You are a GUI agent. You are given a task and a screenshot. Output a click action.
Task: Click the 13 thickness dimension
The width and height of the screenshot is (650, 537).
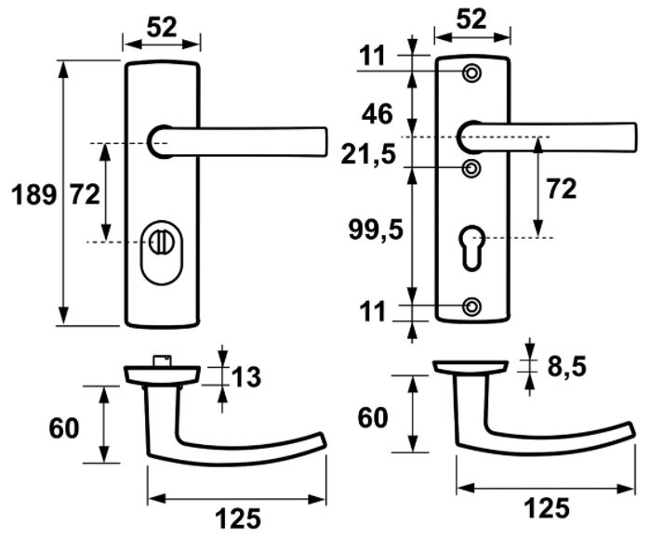tap(246, 377)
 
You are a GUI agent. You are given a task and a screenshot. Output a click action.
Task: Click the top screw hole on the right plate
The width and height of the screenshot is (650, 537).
tap(472, 72)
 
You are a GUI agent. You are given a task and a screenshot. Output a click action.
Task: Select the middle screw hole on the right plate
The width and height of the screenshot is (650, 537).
tap(472, 168)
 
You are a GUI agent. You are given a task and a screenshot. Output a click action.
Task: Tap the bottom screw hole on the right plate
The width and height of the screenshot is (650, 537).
tap(472, 307)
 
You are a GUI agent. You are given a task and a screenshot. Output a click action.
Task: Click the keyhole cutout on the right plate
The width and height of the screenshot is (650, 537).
tap(472, 246)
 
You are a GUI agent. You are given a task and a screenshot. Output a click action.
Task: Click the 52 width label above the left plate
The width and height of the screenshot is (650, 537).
tap(161, 28)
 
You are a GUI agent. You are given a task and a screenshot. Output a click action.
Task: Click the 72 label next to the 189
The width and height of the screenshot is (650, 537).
tap(85, 194)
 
